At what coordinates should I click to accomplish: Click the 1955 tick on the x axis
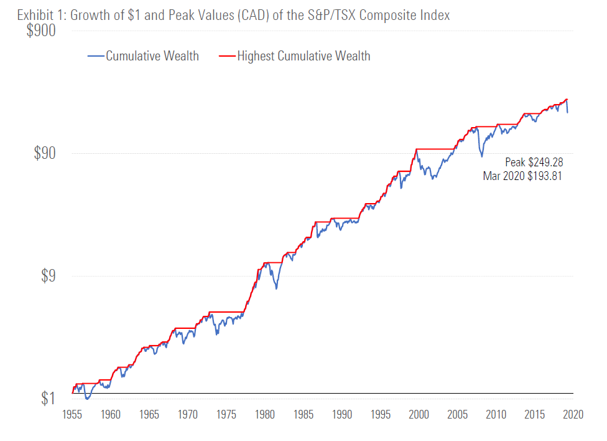coord(72,414)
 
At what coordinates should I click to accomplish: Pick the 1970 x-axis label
coord(188,414)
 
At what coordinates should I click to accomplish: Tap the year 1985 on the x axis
coord(303,414)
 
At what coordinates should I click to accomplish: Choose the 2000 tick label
coord(419,414)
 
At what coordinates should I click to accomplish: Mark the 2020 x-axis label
coord(573,414)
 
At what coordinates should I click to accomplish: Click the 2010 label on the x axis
coord(496,414)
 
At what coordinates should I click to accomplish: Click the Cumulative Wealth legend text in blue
coord(152,56)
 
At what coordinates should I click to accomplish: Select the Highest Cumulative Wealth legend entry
coord(303,56)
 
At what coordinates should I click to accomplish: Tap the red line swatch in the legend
coord(227,56)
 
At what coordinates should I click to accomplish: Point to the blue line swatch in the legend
coord(96,56)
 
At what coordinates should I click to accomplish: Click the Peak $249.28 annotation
coord(534,163)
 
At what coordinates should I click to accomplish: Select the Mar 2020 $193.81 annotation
coord(522,176)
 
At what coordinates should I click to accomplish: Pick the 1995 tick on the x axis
coord(381,414)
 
